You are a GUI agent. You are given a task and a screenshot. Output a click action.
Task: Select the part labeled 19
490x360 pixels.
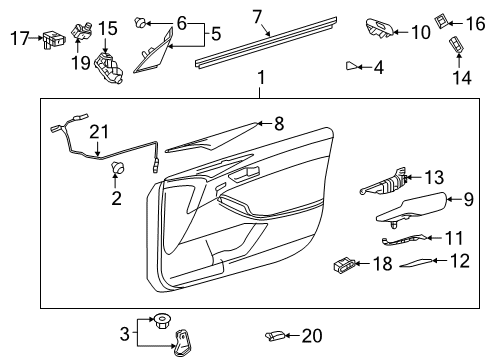79,26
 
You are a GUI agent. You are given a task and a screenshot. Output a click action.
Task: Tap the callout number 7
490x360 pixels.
257,16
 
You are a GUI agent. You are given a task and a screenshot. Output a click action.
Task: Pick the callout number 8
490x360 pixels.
278,124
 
